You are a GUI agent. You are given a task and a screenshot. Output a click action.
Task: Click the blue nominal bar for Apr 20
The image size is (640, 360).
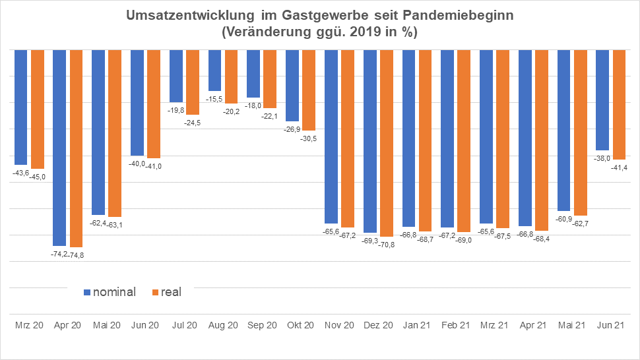(x=59, y=148)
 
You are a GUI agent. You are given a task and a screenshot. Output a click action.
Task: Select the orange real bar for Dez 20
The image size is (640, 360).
(x=387, y=143)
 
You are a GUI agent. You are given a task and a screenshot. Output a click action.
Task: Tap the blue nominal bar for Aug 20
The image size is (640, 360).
(x=214, y=70)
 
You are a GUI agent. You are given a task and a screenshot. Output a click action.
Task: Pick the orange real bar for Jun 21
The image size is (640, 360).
(x=620, y=104)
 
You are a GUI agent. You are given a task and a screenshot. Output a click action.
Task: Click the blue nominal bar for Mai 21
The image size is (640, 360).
(x=564, y=130)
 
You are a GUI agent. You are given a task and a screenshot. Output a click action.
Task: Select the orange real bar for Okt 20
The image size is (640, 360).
(x=309, y=90)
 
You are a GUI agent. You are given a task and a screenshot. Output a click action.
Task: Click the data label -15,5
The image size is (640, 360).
(x=214, y=99)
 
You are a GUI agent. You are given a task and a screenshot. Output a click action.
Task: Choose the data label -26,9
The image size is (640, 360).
(x=292, y=129)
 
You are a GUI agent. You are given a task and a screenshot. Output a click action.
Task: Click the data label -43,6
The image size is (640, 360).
(x=20, y=173)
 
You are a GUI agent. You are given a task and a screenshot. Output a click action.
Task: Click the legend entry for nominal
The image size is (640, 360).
(x=109, y=291)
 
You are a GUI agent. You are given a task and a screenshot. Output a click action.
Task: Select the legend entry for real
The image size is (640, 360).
(x=166, y=291)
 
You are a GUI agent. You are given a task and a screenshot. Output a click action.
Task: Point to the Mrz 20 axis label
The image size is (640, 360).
(x=29, y=325)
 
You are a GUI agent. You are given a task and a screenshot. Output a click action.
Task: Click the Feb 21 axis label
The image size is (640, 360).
(x=455, y=325)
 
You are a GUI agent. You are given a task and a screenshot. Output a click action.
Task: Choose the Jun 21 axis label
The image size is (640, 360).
(x=611, y=325)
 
